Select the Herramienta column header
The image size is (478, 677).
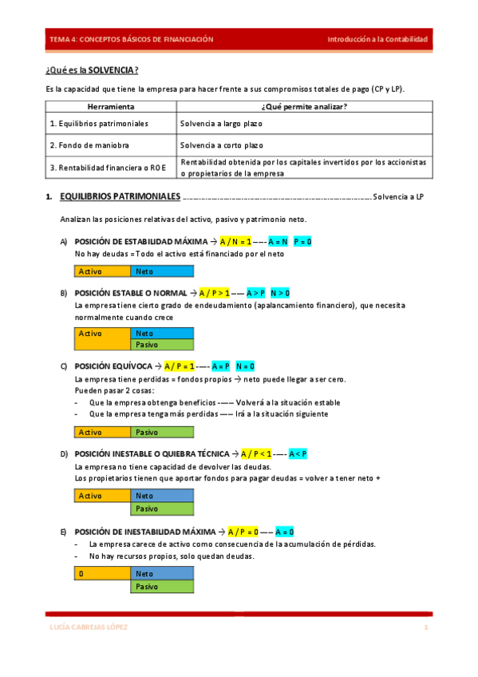110,106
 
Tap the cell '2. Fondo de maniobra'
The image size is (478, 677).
89,145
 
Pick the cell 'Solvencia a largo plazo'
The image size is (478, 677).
222,124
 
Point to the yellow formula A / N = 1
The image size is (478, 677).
236,241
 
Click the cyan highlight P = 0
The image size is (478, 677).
302,241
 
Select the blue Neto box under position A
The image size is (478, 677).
162,271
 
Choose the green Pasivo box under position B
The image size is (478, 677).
162,345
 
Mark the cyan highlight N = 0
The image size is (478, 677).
245,366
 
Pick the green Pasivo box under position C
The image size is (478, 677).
162,432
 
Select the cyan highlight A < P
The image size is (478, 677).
298,453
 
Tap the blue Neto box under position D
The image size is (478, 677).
162,496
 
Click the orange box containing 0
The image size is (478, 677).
102,573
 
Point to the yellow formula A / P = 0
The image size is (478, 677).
243,531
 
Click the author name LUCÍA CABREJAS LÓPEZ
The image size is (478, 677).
89,628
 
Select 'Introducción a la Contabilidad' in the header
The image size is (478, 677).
377,39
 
